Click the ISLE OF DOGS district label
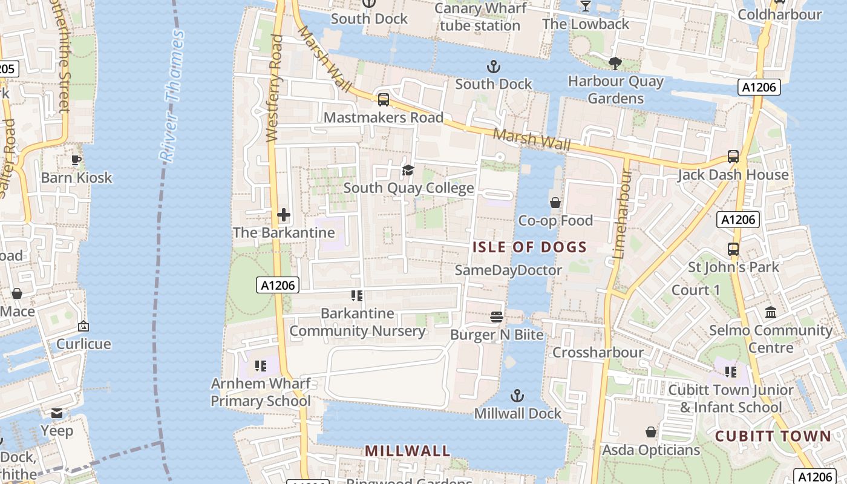[x=529, y=247]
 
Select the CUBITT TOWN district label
[x=773, y=436]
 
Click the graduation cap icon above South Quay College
[x=408, y=170]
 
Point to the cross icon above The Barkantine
[x=283, y=215]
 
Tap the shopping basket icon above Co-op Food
[x=555, y=203]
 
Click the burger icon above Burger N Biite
[x=497, y=316]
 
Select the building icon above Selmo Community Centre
[x=771, y=312]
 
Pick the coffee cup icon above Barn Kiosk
[x=76, y=160]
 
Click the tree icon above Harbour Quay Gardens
[x=615, y=62]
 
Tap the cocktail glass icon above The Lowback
[x=585, y=6]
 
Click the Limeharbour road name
[x=621, y=215]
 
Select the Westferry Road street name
[x=275, y=88]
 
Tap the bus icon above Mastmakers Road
[x=383, y=100]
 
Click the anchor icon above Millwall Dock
[x=517, y=396]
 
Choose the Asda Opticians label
[x=651, y=450]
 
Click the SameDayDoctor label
[x=508, y=270]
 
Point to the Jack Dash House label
[x=733, y=175]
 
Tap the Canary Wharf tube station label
[x=480, y=17]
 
